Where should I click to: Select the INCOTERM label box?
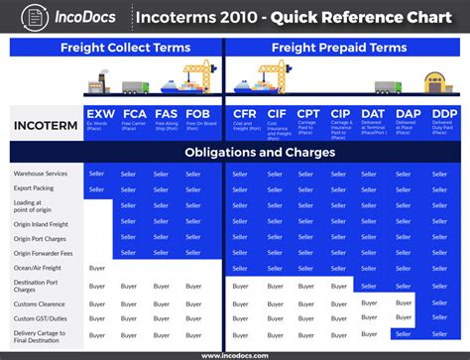click(x=46, y=125)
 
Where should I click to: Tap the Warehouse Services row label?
click(x=41, y=174)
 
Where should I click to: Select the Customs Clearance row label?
click(x=41, y=302)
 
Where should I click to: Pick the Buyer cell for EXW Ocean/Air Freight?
click(x=97, y=269)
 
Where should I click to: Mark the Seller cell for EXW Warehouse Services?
click(x=97, y=174)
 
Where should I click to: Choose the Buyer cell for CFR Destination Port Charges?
click(x=241, y=287)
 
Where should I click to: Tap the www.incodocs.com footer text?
click(x=235, y=354)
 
